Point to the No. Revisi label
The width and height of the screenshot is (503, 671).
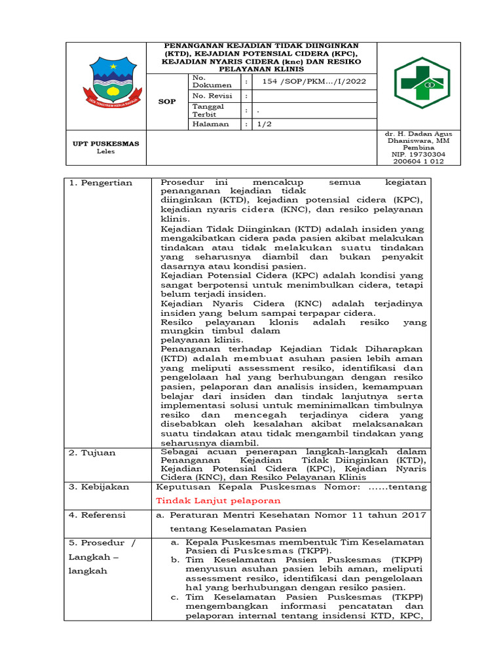click(x=208, y=96)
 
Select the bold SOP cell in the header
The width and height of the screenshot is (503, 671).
click(x=168, y=102)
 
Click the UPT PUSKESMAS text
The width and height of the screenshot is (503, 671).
click(x=105, y=144)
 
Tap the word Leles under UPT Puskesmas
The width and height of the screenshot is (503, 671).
click(x=105, y=151)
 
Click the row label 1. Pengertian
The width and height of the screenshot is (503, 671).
click(x=101, y=183)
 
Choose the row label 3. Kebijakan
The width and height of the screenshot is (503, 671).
click(x=101, y=487)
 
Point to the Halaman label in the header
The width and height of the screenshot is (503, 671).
click(x=210, y=123)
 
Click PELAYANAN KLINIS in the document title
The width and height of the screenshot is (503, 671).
click(x=261, y=68)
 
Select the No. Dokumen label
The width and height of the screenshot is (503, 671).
click(x=211, y=81)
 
